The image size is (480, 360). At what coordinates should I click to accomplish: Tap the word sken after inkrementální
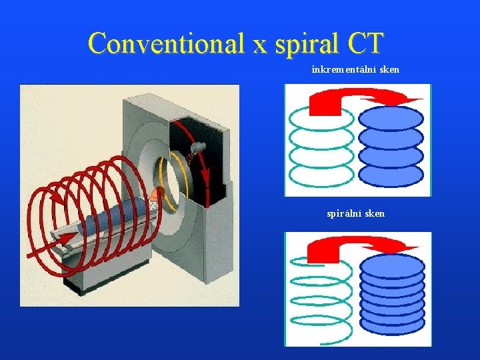[x=388, y=69]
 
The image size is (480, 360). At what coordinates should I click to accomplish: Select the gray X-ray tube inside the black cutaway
[x=198, y=148]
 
